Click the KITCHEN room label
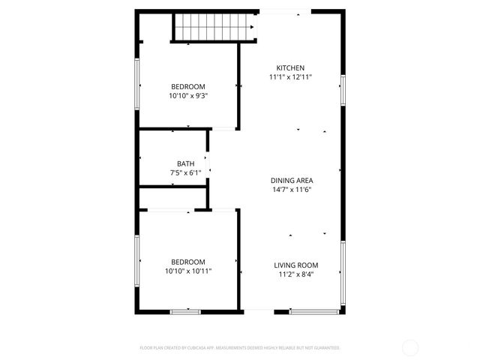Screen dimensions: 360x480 coord(291,67)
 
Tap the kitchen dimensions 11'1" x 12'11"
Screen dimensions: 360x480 coord(291,76)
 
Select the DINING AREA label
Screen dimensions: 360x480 coord(292,180)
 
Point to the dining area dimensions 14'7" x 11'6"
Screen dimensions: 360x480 coord(292,189)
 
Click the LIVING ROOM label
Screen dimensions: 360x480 coord(295,265)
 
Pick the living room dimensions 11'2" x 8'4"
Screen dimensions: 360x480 coord(295,274)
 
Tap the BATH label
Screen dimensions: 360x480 coord(185,163)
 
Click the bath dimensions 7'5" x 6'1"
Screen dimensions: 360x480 coord(185,172)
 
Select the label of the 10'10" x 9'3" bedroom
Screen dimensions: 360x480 coord(188,86)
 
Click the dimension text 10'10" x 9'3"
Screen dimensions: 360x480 coord(188,95)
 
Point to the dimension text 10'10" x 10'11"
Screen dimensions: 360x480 coord(188,270)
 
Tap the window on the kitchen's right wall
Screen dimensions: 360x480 coord(343,90)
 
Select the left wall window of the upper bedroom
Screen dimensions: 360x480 coord(137,84)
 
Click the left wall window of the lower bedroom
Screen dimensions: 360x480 coord(137,260)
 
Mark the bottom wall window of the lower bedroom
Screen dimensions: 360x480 coord(185,311)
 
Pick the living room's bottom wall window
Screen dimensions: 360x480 coord(312,311)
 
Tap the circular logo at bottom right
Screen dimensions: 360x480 coord(410,347)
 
